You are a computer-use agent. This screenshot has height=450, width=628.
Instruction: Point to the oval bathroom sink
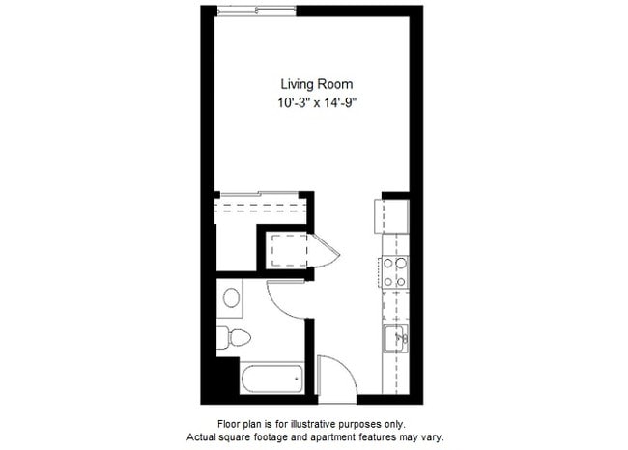pos(232,297)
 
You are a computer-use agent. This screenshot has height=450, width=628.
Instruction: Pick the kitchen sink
pos(396,338)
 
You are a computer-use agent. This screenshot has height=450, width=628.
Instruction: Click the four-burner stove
pos(396,272)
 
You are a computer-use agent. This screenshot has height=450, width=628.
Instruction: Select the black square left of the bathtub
pos(226,377)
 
